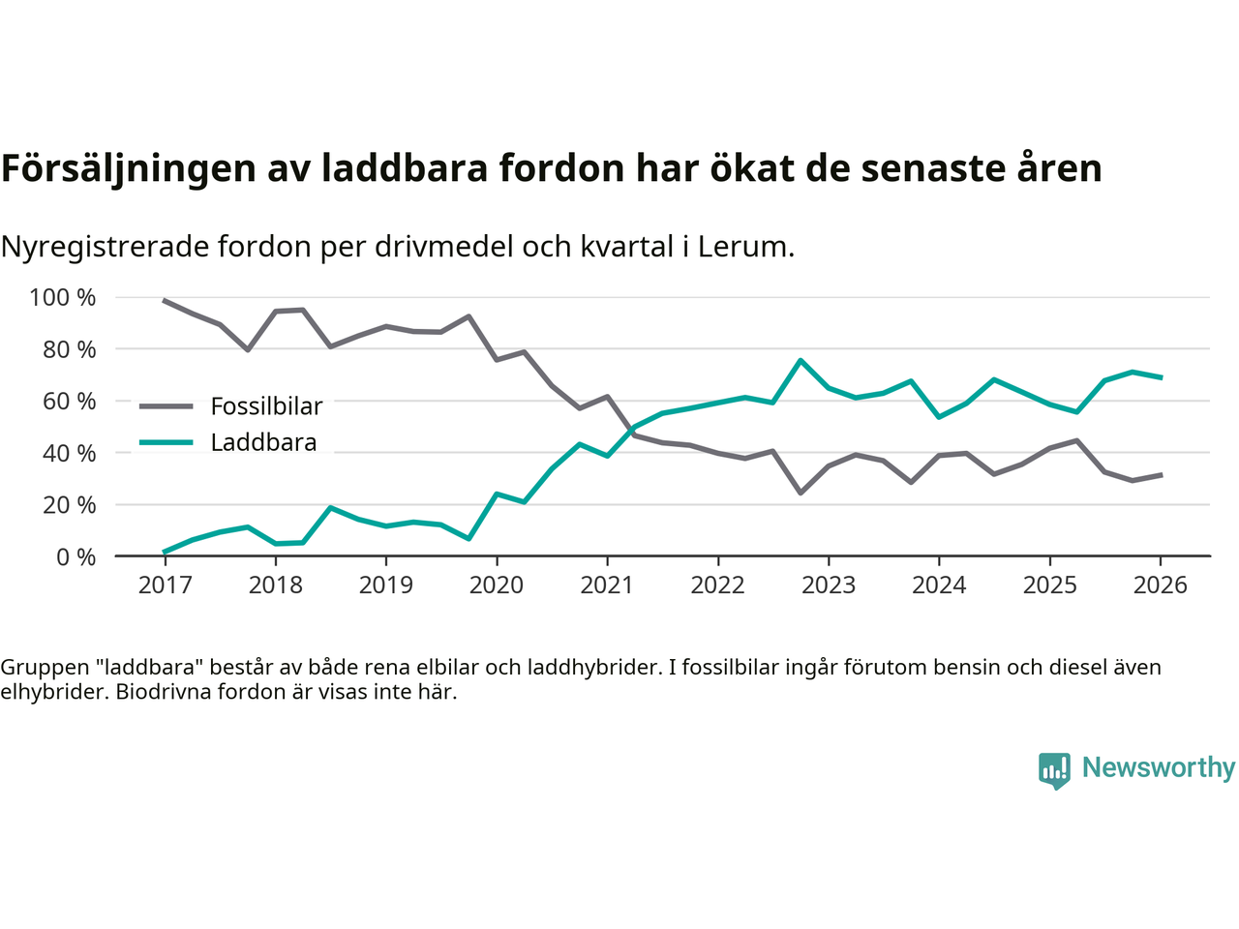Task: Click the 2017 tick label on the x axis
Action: click(x=165, y=585)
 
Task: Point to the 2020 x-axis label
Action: click(x=497, y=585)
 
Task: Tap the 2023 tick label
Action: click(x=829, y=585)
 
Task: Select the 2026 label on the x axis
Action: click(x=1161, y=585)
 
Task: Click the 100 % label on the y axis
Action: click(x=63, y=297)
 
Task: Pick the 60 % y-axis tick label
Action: click(x=69, y=401)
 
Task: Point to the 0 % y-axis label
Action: click(x=75, y=556)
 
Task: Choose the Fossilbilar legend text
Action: click(x=266, y=406)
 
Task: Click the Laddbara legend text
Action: click(x=263, y=443)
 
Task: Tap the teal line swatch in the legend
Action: click(x=166, y=443)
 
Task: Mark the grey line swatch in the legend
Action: click(x=166, y=406)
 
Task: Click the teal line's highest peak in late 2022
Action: click(x=801, y=360)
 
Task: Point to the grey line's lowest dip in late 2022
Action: click(x=801, y=493)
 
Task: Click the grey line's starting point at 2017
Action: click(x=165, y=301)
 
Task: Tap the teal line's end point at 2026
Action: click(x=1161, y=377)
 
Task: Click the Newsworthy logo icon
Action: click(x=1054, y=770)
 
